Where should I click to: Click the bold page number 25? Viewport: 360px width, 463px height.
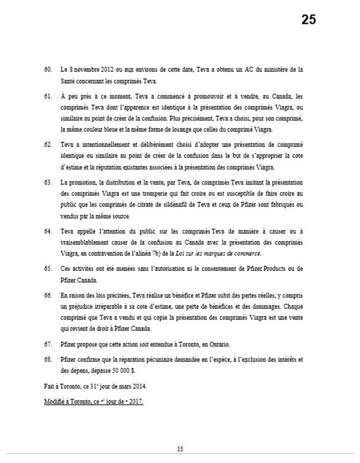click(x=308, y=20)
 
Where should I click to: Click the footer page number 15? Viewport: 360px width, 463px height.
click(x=180, y=448)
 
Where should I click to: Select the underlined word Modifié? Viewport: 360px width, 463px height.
click(x=57, y=402)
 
